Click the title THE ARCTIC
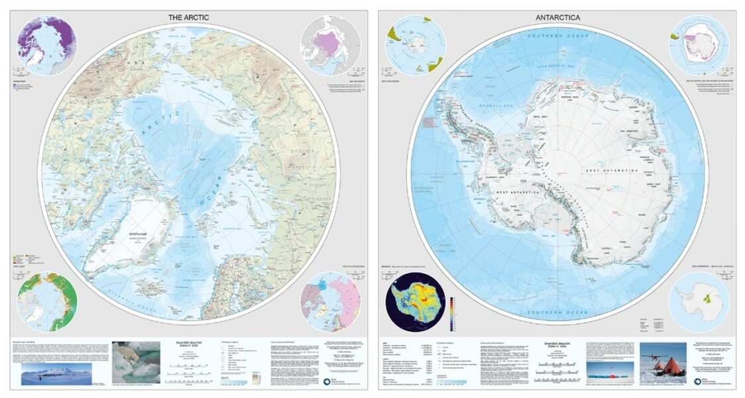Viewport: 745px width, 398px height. (x=189, y=17)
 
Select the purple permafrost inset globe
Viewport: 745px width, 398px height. (x=47, y=45)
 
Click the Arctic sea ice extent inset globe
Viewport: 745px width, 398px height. (x=329, y=45)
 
